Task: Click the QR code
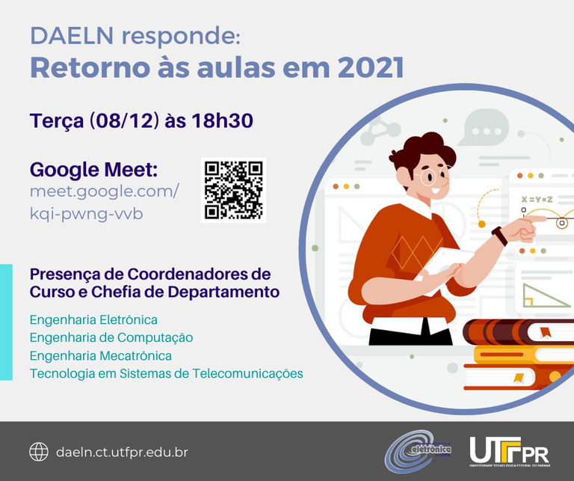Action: coord(233,190)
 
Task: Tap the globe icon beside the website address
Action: coord(39,452)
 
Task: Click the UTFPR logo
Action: coord(510,452)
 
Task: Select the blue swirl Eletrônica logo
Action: coord(417,451)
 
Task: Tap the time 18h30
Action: coord(222,120)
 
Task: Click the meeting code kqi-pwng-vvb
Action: coord(86,214)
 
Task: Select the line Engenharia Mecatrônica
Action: coord(101,356)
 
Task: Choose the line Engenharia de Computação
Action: coord(111,338)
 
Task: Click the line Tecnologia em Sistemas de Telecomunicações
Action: coord(166,374)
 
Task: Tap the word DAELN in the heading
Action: coord(72,36)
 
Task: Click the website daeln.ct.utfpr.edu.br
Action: coord(122,452)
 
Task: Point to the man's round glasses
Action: coord(434,176)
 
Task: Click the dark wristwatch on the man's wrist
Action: coord(500,236)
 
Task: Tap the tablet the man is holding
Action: coord(444,266)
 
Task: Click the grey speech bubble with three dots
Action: coord(484,127)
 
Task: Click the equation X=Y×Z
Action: coord(537,200)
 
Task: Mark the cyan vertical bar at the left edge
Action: coord(6,322)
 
